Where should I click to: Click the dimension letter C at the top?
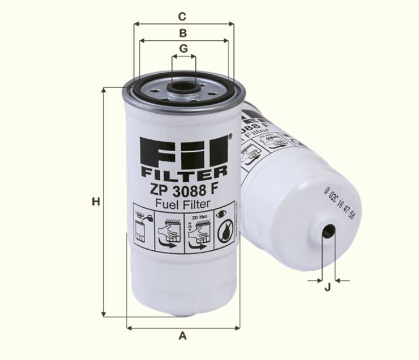[x=183, y=16]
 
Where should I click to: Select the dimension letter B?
[x=183, y=33]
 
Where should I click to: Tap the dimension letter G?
[x=183, y=48]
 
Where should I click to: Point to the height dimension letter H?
[x=96, y=202]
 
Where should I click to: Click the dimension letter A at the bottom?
[x=182, y=336]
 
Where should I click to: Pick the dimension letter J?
[x=327, y=288]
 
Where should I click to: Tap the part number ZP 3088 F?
[x=183, y=189]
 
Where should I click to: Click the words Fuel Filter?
[x=182, y=203]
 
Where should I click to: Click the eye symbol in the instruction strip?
[x=223, y=214]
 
